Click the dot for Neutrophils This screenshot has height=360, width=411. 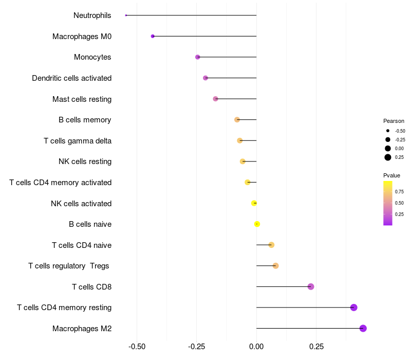point(126,15)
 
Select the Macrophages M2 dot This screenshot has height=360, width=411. point(363,328)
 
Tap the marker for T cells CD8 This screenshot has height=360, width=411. point(311,286)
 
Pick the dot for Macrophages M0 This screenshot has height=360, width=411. point(153,36)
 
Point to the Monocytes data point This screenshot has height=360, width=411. point(198,57)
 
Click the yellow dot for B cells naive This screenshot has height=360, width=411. point(257,224)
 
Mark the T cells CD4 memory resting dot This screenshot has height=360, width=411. point(353,308)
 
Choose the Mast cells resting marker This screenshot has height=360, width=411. point(215,99)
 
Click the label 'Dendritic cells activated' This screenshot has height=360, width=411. point(72,78)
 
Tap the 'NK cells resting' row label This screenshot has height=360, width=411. point(85,161)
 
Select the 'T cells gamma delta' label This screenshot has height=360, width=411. point(78,141)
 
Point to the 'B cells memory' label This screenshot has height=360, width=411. point(85,120)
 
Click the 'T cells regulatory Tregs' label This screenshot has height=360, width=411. point(69,266)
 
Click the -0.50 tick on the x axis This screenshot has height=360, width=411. point(137,347)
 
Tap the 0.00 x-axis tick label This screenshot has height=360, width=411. point(256,347)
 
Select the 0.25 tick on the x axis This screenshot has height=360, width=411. point(316,347)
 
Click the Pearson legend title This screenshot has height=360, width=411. point(394,121)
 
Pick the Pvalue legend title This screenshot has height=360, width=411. point(392,175)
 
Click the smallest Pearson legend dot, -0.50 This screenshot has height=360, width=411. point(388,131)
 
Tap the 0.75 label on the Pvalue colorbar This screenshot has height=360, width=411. point(399,191)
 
